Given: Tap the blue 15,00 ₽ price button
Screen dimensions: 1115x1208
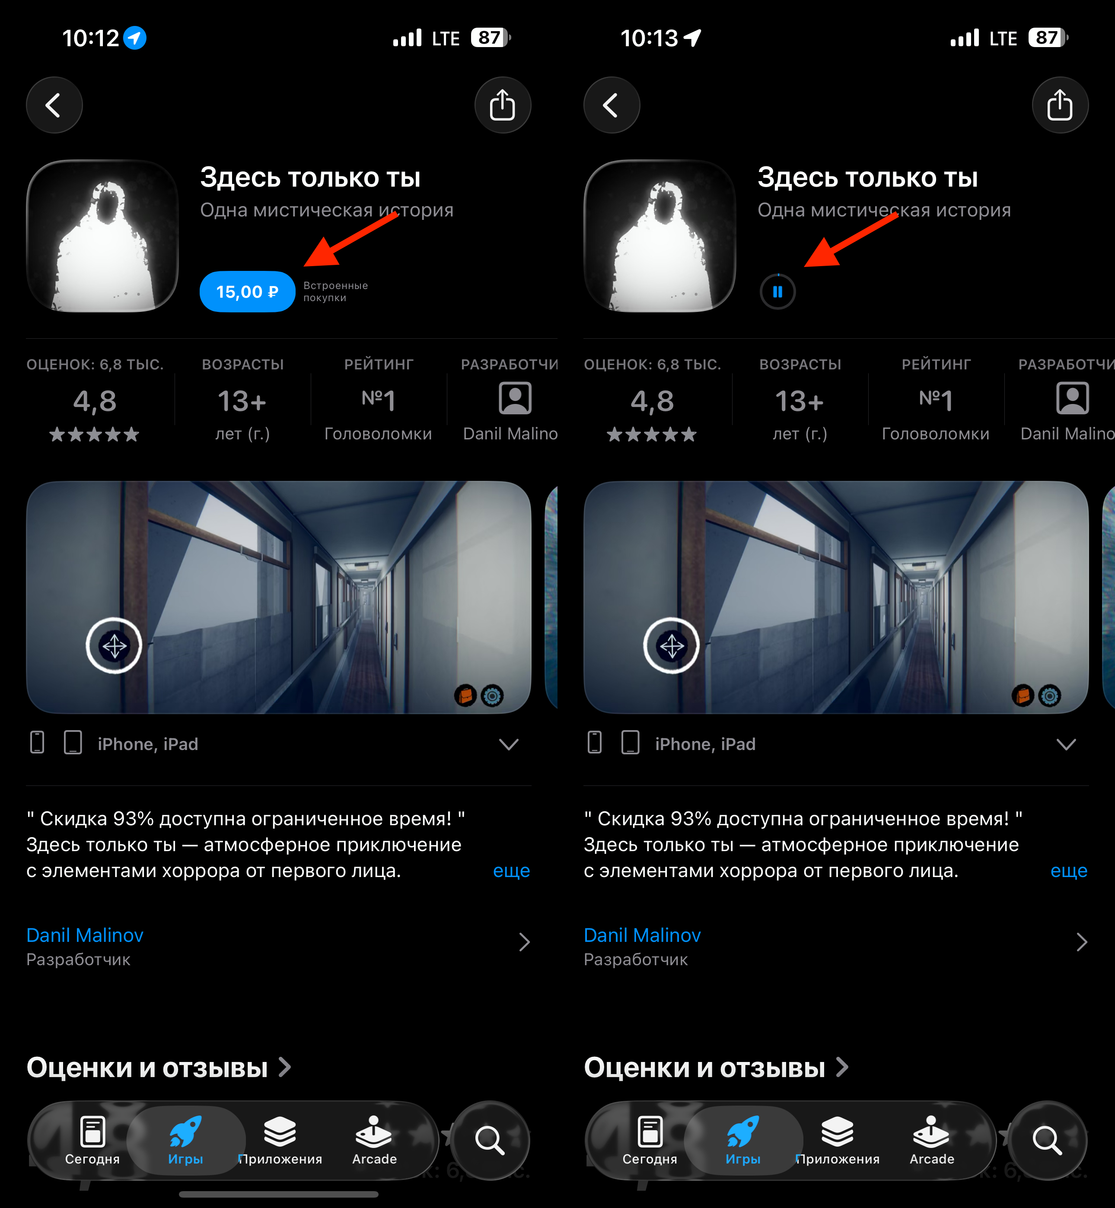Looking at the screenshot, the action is pyautogui.click(x=247, y=292).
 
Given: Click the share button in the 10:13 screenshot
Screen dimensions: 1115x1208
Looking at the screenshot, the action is pyautogui.click(x=1060, y=105).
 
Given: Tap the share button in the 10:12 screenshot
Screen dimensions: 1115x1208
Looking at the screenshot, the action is pyautogui.click(x=503, y=105).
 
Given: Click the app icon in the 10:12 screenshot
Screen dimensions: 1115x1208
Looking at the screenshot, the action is pyautogui.click(x=102, y=236).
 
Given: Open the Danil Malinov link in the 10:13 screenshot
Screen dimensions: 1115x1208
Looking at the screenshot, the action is pyautogui.click(x=642, y=935).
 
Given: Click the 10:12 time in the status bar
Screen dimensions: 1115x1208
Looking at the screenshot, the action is pyautogui.click(x=90, y=38).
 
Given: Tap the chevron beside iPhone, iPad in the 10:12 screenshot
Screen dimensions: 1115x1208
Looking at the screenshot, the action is pyautogui.click(x=509, y=744).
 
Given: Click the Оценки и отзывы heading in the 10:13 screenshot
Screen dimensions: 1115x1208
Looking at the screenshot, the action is pyautogui.click(x=704, y=1068).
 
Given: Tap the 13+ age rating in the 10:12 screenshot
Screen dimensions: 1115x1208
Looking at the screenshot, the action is pyautogui.click(x=242, y=401).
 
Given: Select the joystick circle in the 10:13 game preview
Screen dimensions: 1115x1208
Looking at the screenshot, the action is pyautogui.click(x=672, y=646).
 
